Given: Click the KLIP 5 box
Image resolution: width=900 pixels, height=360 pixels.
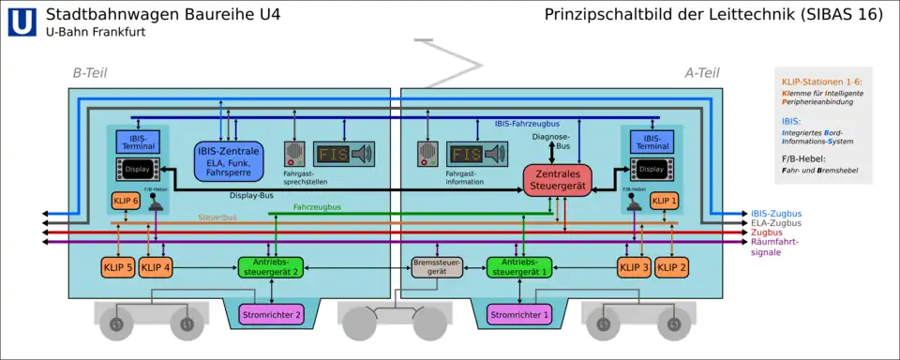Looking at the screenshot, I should [118, 267].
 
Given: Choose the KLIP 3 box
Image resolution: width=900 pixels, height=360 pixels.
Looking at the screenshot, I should [634, 267].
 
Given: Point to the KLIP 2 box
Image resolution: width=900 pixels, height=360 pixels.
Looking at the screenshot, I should [671, 267].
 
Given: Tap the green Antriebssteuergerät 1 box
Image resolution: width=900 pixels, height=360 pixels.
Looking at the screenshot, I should [517, 267].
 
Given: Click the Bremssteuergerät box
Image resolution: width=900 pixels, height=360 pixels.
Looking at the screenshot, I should [437, 267].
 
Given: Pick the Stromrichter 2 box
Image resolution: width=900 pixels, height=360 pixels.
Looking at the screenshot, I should [272, 315].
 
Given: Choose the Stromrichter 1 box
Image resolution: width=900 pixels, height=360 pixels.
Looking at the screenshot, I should [518, 315].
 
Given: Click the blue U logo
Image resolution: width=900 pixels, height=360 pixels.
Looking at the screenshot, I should [22, 22].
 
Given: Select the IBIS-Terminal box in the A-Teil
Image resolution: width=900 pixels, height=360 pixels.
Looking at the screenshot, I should [652, 142].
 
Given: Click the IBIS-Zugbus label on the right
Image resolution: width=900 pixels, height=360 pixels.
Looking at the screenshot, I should [776, 214].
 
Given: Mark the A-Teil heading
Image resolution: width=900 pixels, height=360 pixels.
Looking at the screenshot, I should [701, 73].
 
